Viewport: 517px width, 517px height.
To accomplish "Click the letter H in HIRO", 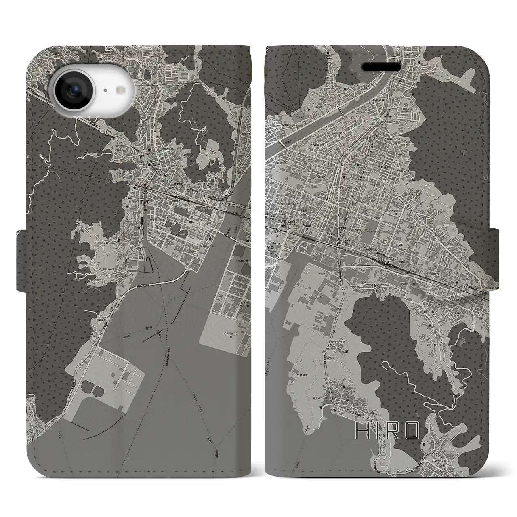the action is coord(361,431).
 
